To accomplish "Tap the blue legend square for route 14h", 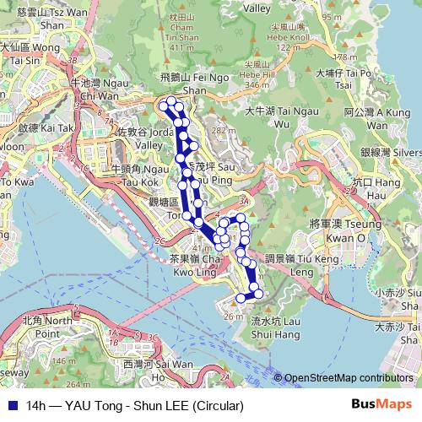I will (13, 404).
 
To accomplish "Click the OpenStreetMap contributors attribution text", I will (348, 378).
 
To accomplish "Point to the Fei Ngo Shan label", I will (182, 81).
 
